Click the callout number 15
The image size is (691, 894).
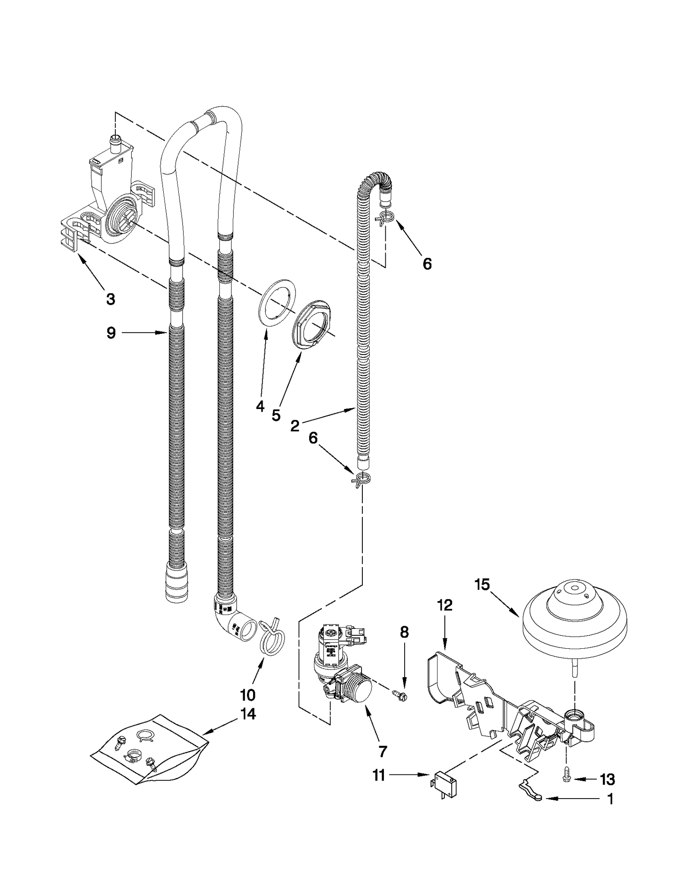click(482, 585)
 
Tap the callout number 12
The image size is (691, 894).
click(445, 605)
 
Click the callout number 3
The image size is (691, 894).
click(111, 299)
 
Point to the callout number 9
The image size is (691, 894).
click(111, 333)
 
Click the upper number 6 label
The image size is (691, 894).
click(427, 264)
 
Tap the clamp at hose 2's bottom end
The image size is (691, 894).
click(362, 480)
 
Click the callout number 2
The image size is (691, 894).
click(295, 426)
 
